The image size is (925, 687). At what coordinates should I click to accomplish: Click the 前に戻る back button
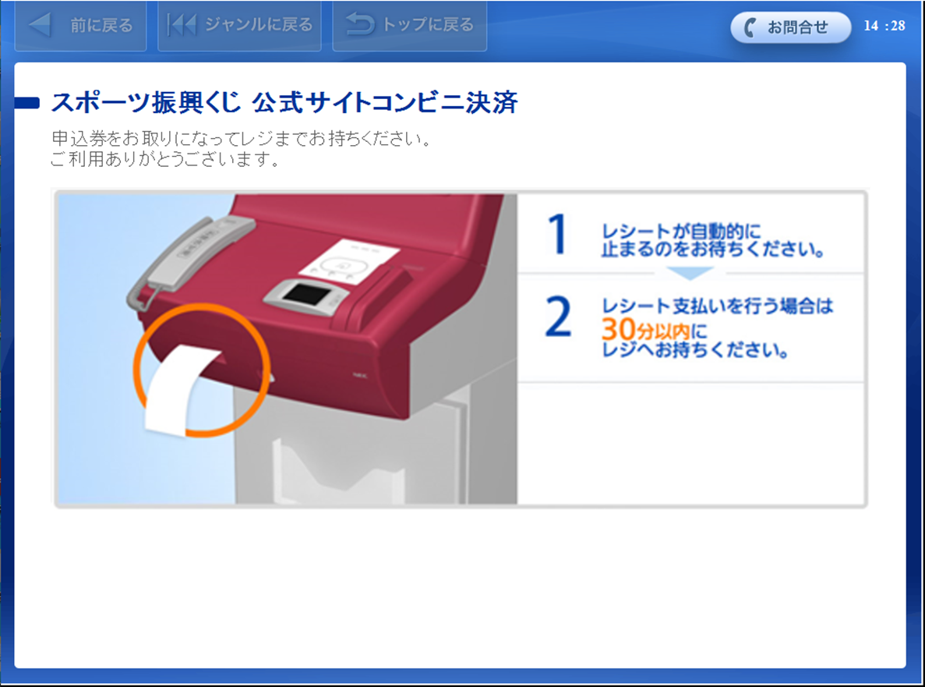[x=80, y=26]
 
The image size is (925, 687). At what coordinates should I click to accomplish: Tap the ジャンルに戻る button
[x=239, y=26]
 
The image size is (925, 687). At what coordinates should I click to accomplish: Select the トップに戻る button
[x=409, y=26]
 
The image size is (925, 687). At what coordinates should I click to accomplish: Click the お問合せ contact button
[x=790, y=27]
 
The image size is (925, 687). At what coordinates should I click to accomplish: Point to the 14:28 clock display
[x=884, y=26]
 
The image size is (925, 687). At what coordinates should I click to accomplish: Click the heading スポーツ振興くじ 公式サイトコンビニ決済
[x=284, y=102]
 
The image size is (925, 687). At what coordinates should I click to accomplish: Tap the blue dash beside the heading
[x=26, y=103]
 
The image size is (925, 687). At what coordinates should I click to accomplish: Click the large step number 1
[x=557, y=234]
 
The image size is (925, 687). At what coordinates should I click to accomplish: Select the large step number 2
[x=558, y=317]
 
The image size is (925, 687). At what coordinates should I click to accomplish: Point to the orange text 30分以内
[x=644, y=329]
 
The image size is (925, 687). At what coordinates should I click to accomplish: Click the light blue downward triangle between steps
[x=690, y=273]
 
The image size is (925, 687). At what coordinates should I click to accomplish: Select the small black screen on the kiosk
[x=306, y=294]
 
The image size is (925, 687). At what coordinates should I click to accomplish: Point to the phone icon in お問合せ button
[x=750, y=27]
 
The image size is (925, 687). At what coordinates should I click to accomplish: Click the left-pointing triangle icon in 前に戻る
[x=40, y=25]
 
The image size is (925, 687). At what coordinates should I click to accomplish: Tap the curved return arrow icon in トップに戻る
[x=360, y=24]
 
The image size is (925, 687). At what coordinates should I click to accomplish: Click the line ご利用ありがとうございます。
[x=165, y=159]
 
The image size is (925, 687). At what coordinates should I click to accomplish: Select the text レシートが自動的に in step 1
[x=681, y=232]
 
